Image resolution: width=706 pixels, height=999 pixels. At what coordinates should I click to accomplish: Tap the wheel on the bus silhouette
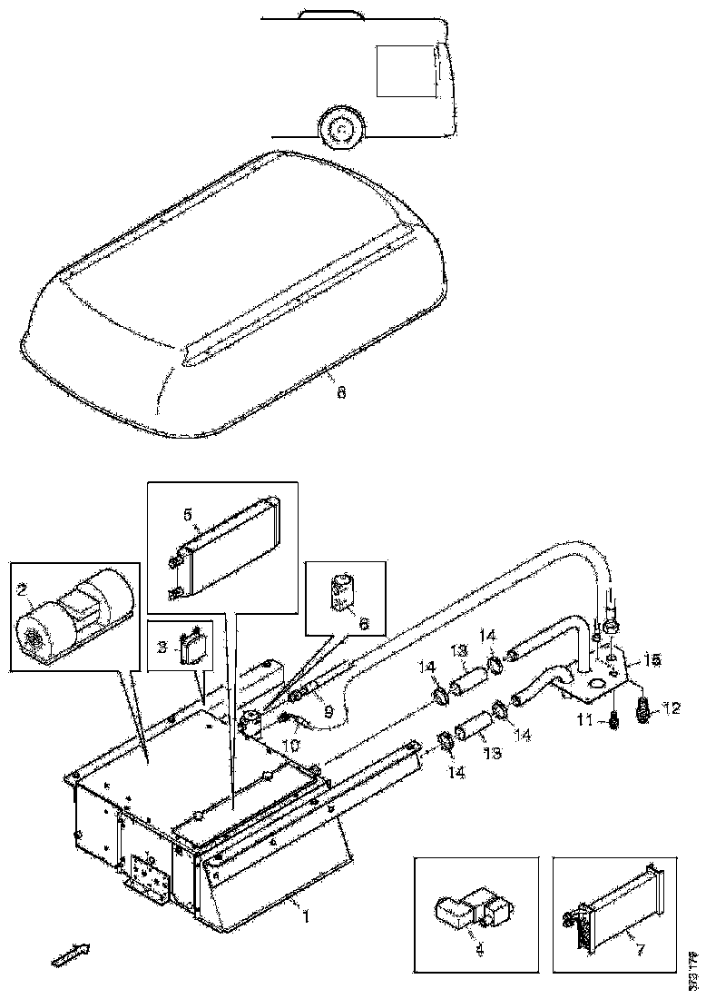coord(340,129)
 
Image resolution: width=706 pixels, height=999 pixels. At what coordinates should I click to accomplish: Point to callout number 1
coord(305,916)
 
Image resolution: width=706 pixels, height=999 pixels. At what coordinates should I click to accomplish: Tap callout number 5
coord(188,514)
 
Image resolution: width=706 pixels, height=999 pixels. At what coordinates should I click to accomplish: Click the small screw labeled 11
coord(613,720)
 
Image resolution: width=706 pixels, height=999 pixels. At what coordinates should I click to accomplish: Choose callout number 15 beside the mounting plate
coord(651,657)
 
